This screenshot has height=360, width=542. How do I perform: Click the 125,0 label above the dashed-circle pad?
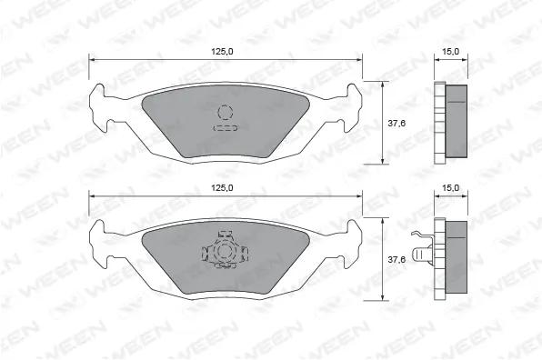tap(222, 51)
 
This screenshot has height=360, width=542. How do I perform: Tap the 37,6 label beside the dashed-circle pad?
tap(396, 124)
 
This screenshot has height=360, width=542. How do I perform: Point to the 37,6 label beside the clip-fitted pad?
tap(396, 260)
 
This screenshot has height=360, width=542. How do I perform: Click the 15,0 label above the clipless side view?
tap(448, 52)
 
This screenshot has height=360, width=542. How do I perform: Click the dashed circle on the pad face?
tap(225, 112)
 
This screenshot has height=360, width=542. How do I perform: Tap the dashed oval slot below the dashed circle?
tap(225, 129)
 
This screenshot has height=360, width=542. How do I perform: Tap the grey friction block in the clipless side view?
tap(458, 122)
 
